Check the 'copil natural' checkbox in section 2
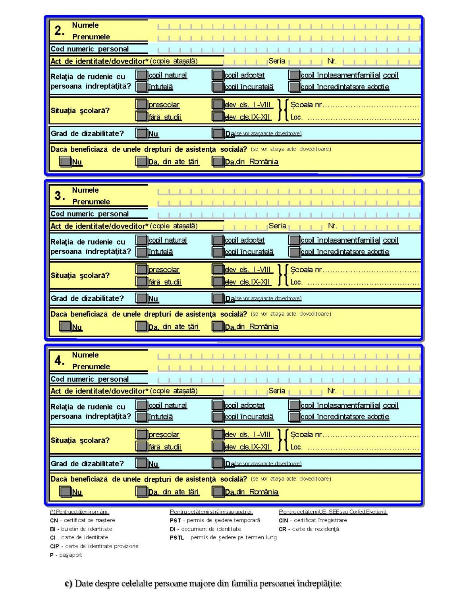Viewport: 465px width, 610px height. pyautogui.click(x=141, y=75)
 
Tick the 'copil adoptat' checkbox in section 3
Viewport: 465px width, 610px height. pyautogui.click(x=218, y=240)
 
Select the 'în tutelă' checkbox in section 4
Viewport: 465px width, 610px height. pyautogui.click(x=141, y=417)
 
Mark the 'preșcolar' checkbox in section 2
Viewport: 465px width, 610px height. pyautogui.click(x=141, y=104)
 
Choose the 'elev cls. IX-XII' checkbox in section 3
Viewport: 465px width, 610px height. pyautogui.click(x=218, y=282)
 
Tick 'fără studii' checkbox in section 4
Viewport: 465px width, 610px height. pyautogui.click(x=141, y=447)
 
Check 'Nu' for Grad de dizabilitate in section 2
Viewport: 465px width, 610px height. pyautogui.click(x=141, y=133)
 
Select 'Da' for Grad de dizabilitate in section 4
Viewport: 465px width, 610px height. pyautogui.click(x=218, y=463)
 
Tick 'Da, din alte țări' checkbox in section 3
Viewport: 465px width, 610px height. pyautogui.click(x=141, y=326)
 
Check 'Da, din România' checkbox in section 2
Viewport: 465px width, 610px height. pyautogui.click(x=218, y=162)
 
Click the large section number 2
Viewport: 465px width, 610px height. pyautogui.click(x=60, y=31)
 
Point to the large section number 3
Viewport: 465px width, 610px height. pyautogui.click(x=60, y=195)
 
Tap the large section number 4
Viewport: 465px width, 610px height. pyautogui.click(x=60, y=361)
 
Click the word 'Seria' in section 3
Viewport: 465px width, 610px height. pyautogui.click(x=277, y=226)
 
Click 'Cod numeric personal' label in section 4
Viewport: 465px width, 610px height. pyautogui.click(x=89, y=379)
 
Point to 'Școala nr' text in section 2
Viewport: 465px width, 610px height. pyautogui.click(x=306, y=105)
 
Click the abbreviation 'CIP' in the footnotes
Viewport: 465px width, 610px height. pyautogui.click(x=54, y=546)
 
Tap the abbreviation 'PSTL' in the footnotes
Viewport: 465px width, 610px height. pyautogui.click(x=177, y=538)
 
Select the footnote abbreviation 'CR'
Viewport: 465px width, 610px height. pyautogui.click(x=282, y=529)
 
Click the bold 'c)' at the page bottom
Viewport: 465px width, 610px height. pyautogui.click(x=68, y=584)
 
